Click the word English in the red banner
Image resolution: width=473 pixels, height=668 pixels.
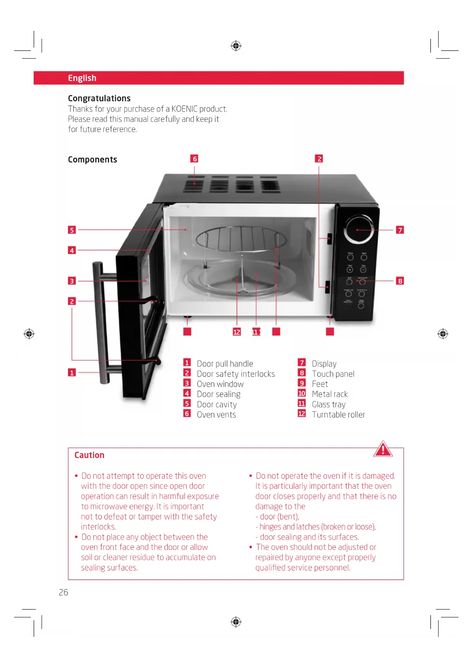pos(82,78)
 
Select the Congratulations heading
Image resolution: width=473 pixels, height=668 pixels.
pos(99,98)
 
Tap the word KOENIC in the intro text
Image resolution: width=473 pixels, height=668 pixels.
pos(184,109)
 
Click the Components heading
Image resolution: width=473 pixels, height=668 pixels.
pos(92,160)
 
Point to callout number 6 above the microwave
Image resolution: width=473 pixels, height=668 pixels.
pos(194,159)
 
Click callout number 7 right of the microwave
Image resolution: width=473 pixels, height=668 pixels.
pos(400,230)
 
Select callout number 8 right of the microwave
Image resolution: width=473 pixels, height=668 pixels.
pos(400,281)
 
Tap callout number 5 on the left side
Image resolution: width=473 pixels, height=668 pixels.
pos(72,230)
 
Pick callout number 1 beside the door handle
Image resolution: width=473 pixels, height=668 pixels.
pos(72,372)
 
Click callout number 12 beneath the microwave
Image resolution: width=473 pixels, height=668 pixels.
pos(237,332)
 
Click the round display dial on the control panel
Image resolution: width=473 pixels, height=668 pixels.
pos(359,229)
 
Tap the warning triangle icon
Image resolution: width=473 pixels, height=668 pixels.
pos(383,449)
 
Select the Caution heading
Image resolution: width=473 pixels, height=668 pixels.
pos(89,455)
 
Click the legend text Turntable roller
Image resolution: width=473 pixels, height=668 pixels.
pos(338,415)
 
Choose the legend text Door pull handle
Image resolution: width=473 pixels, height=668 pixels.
pos(225,364)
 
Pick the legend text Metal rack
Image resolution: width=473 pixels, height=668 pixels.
pos(330,394)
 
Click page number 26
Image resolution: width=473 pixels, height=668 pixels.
pos(64,592)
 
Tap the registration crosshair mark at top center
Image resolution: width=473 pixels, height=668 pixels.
pos(236,46)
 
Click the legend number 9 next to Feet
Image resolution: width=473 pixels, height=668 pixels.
pos(301,383)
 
